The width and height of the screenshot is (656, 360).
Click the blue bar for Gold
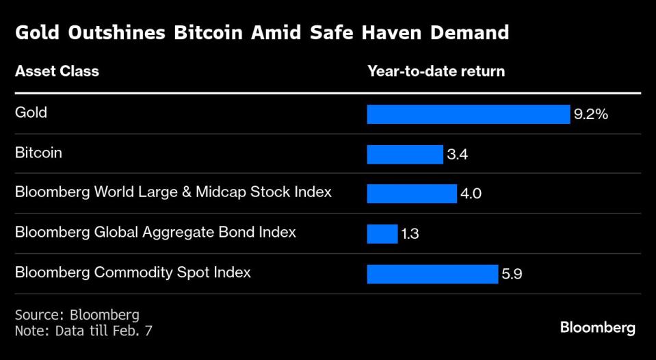tap(468, 114)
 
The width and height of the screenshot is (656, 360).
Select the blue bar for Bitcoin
tap(405, 155)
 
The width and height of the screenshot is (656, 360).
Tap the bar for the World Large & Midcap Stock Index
tap(412, 194)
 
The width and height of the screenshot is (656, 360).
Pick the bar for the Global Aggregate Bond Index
tap(382, 234)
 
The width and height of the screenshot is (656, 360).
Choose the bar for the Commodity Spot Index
tap(432, 274)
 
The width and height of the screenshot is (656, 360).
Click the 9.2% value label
tap(591, 114)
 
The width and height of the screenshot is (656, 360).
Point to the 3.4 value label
tap(457, 155)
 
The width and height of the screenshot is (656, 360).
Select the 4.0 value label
tap(471, 194)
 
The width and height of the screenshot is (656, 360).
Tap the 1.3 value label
tap(410, 234)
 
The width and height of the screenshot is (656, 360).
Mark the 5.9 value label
tap(512, 274)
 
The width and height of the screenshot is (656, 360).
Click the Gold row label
tap(31, 112)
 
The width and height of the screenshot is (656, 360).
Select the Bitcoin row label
tap(38, 153)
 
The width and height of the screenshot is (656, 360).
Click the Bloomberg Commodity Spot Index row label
tap(133, 272)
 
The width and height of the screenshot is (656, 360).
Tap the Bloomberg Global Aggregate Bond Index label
tap(155, 232)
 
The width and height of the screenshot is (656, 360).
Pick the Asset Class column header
tap(57, 71)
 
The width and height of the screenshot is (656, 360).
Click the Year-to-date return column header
tap(436, 71)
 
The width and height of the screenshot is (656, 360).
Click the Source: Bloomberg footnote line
tap(77, 315)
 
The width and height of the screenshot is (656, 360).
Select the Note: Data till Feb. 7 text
tap(83, 330)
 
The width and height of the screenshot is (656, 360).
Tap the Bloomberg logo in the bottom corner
tap(597, 328)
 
